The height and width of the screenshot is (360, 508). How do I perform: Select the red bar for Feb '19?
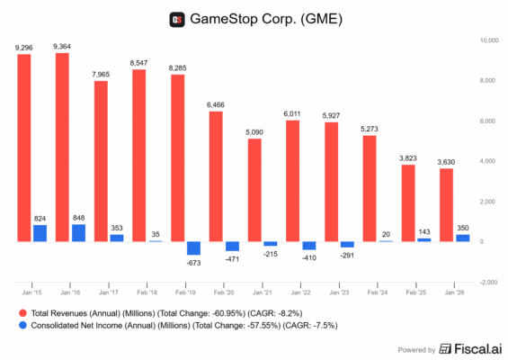pyautogui.click(x=179, y=158)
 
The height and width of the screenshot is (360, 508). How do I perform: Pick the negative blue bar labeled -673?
pyautogui.click(x=193, y=248)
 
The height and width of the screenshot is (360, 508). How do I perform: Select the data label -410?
pyautogui.click(x=309, y=257)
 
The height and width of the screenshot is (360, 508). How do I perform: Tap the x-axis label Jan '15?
pyautogui.click(x=31, y=292)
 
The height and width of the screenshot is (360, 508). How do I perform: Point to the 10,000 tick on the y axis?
pyautogui.click(x=489, y=40)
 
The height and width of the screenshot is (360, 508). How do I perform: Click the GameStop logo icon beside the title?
pyautogui.click(x=176, y=20)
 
